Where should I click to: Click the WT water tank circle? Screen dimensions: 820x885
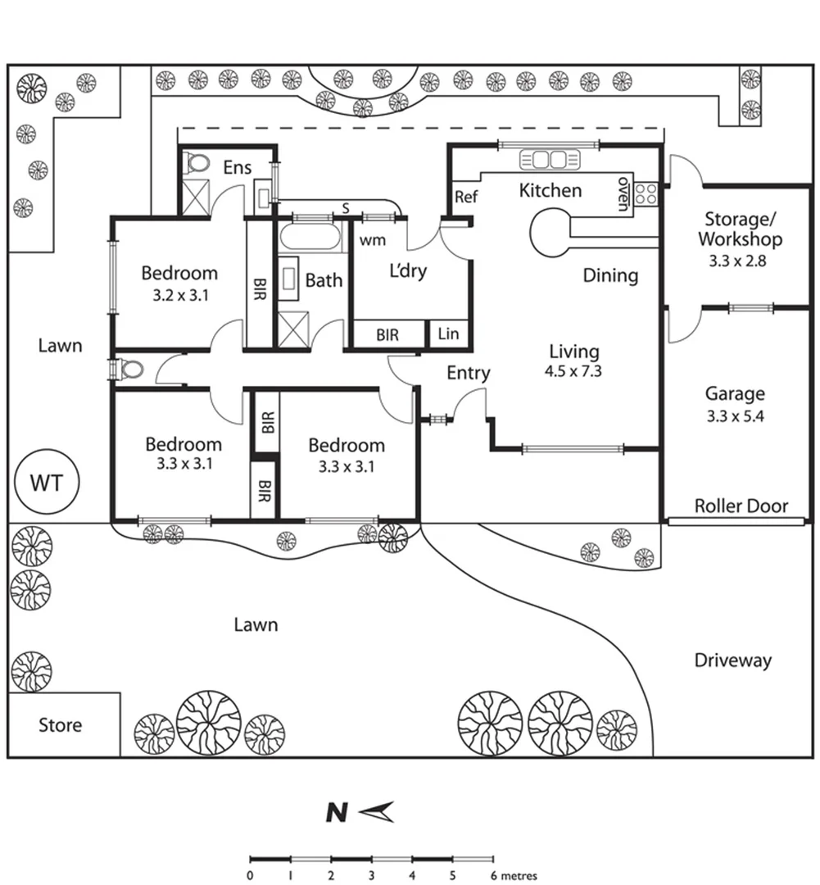(x=47, y=482)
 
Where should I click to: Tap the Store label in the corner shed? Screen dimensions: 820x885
(x=60, y=724)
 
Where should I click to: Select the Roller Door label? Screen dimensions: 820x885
(x=741, y=506)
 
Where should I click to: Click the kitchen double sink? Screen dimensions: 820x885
(x=550, y=160)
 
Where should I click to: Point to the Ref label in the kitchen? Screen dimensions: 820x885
(x=466, y=197)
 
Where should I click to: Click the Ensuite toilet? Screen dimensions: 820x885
(x=197, y=163)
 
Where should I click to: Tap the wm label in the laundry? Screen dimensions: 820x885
(x=373, y=240)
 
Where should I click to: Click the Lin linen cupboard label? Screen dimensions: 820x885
(x=448, y=334)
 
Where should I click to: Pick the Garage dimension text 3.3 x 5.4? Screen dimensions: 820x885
(x=736, y=416)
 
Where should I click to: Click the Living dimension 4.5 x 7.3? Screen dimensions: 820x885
(x=573, y=371)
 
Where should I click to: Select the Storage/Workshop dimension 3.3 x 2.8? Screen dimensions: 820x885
(x=737, y=261)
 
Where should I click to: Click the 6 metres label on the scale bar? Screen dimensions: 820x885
(x=514, y=876)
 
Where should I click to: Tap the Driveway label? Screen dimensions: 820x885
(x=732, y=660)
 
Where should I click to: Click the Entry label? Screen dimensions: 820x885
(x=469, y=373)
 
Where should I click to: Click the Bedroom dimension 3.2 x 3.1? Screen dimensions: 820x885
(x=180, y=295)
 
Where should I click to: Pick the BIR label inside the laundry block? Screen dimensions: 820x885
(x=387, y=335)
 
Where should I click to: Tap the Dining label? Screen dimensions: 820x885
(x=610, y=275)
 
